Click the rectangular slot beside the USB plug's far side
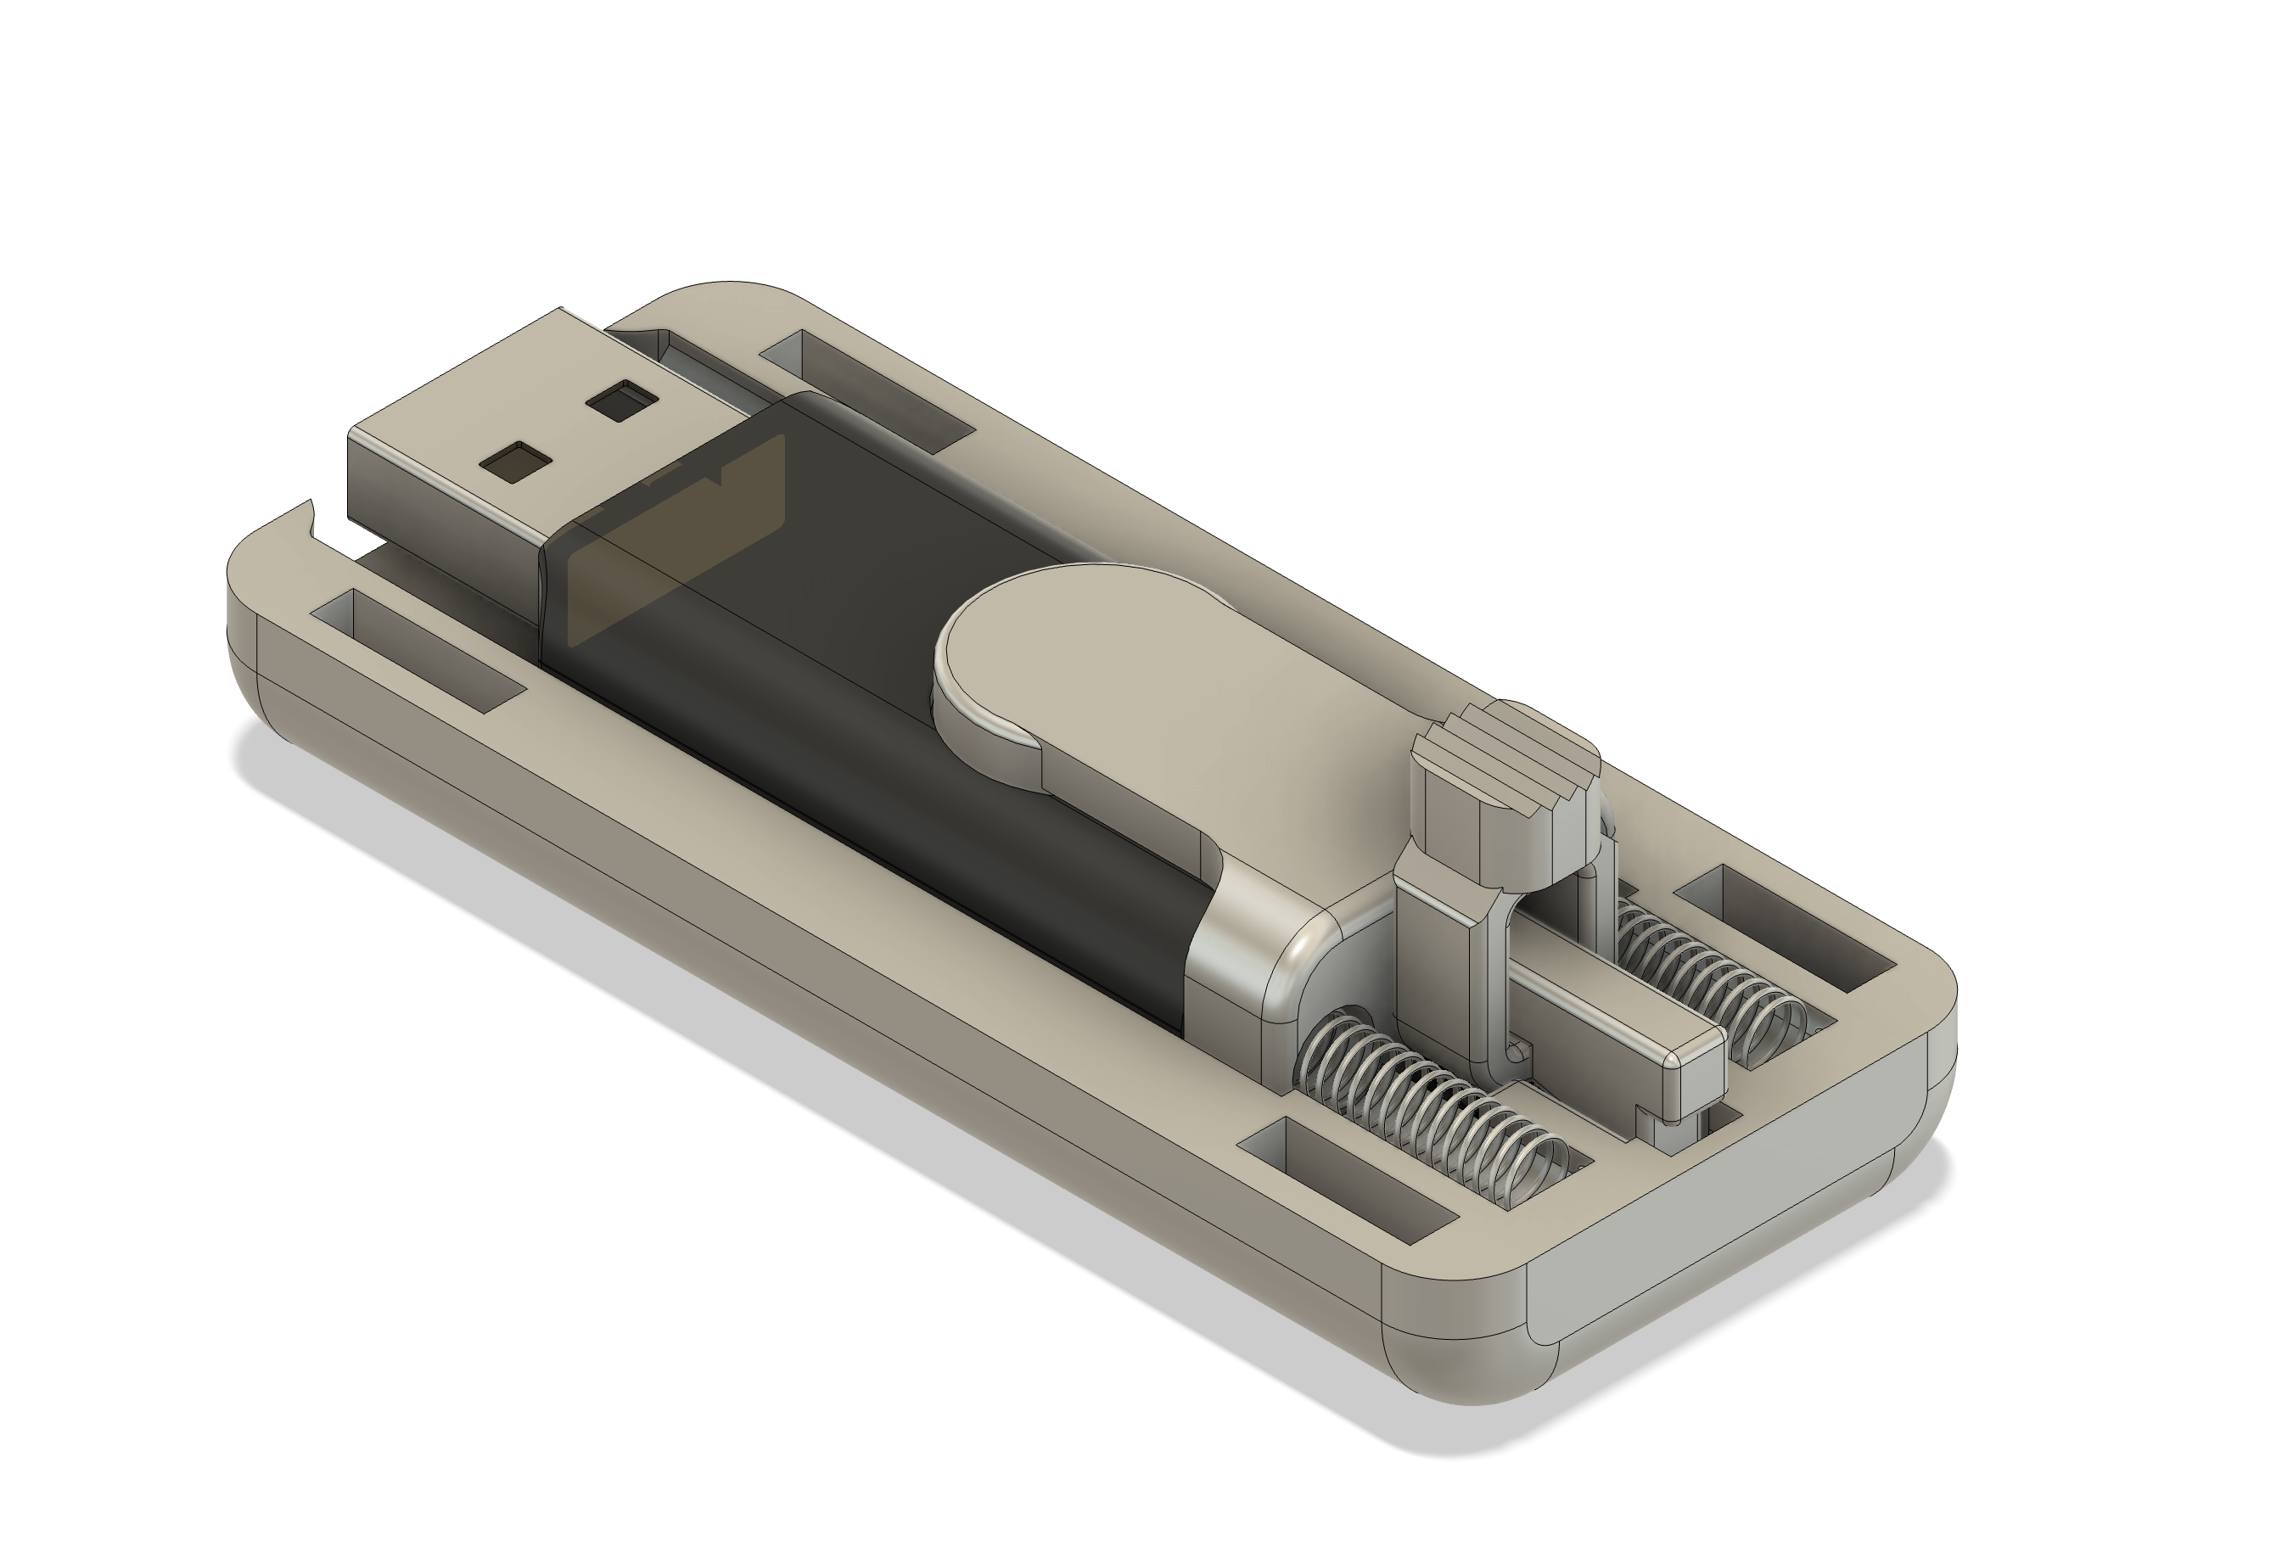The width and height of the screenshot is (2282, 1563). [869, 388]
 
